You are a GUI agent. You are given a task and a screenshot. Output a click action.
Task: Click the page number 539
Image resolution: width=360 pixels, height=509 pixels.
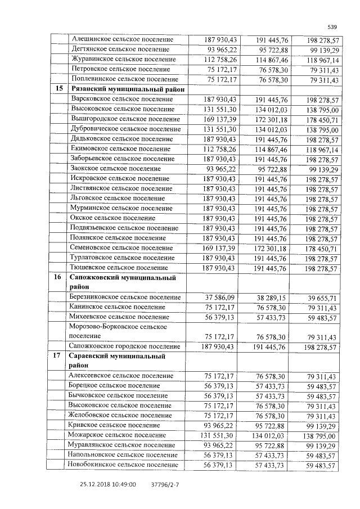[332, 27]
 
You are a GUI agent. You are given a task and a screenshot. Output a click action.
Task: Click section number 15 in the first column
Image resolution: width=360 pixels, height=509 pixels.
[58, 89]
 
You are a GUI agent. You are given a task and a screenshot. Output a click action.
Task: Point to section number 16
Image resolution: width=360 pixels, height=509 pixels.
[58, 277]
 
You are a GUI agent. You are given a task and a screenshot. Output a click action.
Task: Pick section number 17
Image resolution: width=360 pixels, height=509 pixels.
[58, 356]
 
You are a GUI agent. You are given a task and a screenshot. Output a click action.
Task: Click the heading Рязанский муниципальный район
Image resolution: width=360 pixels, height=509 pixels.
[127, 89]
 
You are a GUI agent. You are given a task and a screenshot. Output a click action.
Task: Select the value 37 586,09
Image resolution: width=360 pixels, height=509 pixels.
[215, 298]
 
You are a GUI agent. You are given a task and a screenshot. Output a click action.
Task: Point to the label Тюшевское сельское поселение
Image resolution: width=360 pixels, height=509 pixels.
[120, 268]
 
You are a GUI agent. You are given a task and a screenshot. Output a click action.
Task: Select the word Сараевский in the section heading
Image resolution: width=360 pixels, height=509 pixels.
[92, 356]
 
